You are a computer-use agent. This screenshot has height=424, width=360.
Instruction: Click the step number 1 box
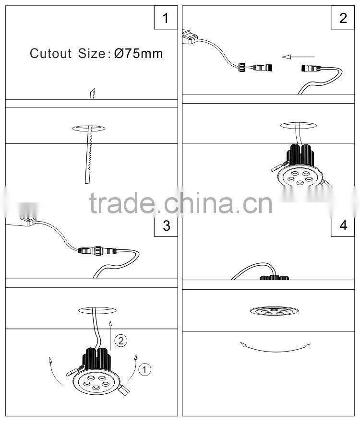click(x=166, y=18)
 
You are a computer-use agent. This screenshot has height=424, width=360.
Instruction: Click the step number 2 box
click(x=343, y=18)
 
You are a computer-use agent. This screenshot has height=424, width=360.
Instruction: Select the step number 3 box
click(x=166, y=225)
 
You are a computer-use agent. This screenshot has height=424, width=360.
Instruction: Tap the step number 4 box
click(x=343, y=225)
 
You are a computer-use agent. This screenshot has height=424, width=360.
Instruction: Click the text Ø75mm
click(x=139, y=54)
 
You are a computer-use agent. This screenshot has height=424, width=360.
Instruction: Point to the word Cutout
click(x=50, y=54)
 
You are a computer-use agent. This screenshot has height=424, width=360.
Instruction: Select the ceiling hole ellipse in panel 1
click(x=89, y=128)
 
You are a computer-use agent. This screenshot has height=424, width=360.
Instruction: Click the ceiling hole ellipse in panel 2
click(x=298, y=125)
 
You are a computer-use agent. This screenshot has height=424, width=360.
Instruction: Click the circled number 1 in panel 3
click(x=144, y=369)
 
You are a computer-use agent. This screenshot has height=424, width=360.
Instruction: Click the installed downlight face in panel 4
click(x=272, y=311)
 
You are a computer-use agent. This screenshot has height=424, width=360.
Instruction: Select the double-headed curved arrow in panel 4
click(x=276, y=348)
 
